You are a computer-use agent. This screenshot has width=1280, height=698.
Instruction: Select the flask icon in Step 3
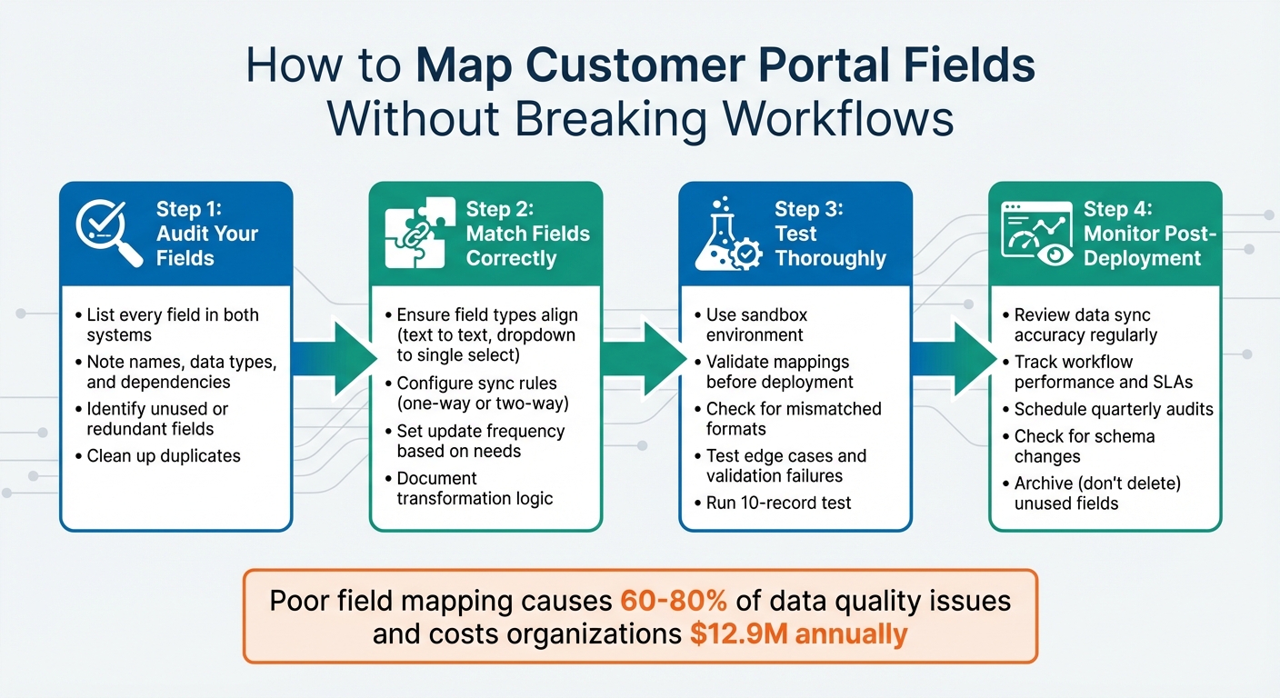(x=727, y=234)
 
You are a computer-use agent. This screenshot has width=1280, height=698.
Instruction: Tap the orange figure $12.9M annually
(x=798, y=633)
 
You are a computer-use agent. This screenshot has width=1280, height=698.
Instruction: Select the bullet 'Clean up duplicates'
(x=164, y=455)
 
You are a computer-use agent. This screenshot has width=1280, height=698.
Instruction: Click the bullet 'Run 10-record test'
(x=778, y=503)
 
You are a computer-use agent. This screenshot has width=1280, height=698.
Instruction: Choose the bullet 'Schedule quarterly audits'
(x=1114, y=409)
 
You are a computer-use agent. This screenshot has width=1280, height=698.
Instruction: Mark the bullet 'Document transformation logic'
(x=475, y=488)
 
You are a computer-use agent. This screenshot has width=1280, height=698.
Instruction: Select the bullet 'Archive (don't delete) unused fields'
(x=1096, y=493)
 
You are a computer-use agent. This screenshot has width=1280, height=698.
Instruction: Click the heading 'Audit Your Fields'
(x=206, y=245)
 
